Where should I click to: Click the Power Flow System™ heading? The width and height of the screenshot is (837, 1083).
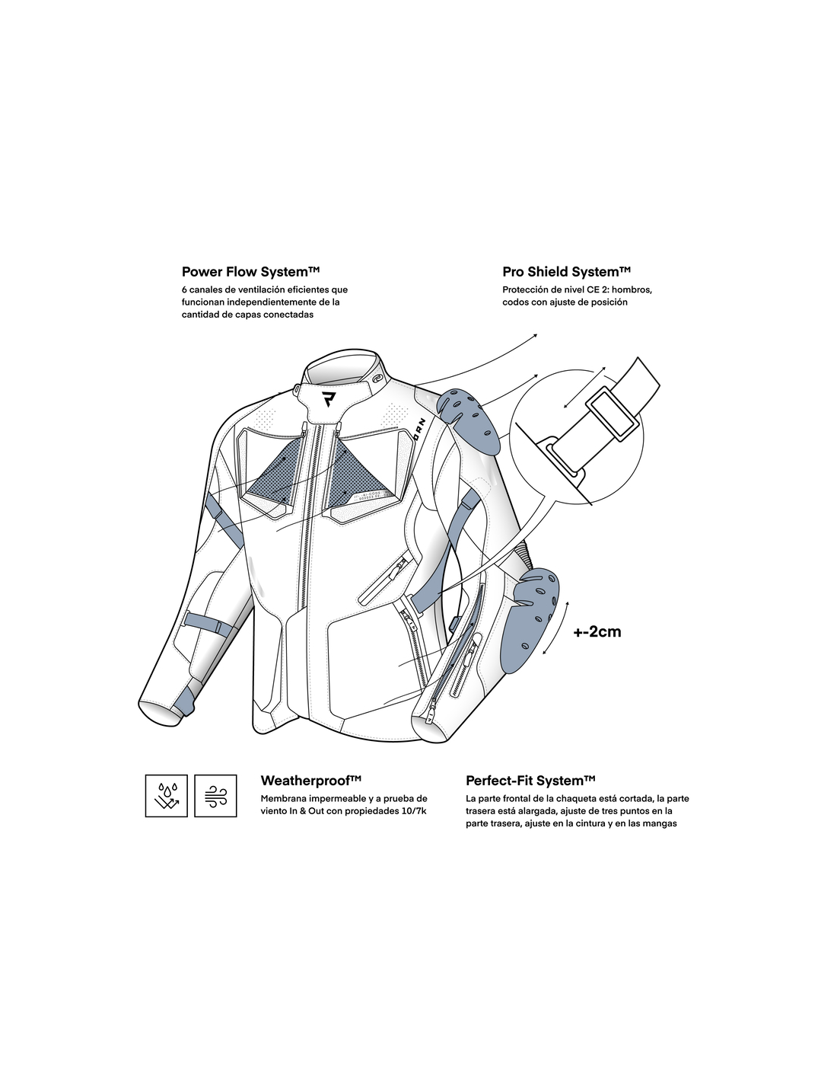click(250, 272)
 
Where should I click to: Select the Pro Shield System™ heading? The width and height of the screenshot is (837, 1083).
click(567, 272)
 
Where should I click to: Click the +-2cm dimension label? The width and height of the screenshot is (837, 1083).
click(597, 632)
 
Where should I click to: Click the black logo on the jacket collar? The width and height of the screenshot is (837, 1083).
click(328, 400)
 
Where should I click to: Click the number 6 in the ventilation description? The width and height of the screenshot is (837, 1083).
click(184, 289)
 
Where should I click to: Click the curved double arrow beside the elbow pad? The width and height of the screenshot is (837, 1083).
click(556, 628)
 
